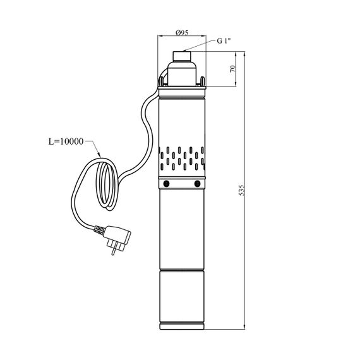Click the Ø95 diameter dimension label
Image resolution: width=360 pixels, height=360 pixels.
182,33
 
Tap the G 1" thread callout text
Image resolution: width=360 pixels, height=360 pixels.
224,41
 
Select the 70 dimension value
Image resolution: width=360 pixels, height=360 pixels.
233,69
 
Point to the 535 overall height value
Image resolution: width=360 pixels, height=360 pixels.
242,190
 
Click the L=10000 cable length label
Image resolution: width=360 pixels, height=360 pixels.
66,141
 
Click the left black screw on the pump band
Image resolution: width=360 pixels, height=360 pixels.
166,183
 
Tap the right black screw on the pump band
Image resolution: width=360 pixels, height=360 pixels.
197,183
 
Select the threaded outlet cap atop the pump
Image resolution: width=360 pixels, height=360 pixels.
182,56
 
